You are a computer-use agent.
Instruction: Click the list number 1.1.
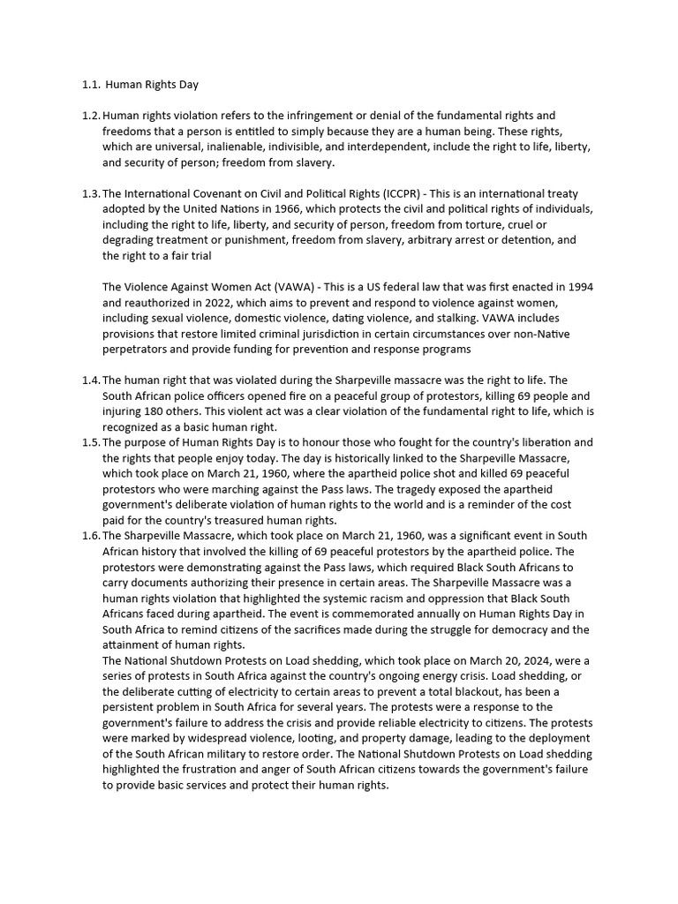click(x=92, y=85)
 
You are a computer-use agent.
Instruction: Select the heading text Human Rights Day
click(x=152, y=85)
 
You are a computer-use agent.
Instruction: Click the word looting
click(x=315, y=738)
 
